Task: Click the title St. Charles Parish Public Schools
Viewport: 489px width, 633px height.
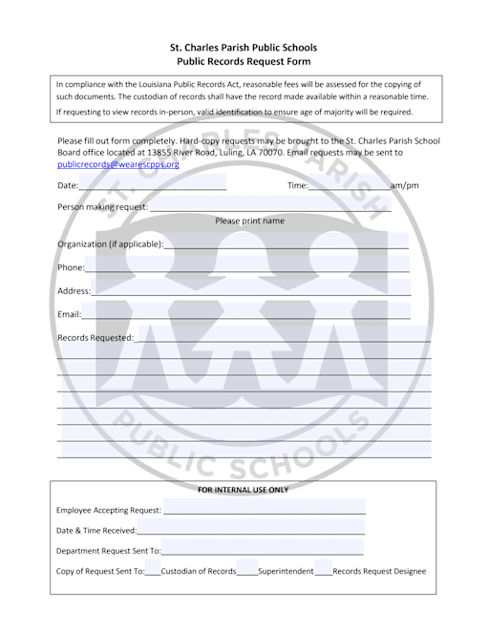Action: pos(244,47)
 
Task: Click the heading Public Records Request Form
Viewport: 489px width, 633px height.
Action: pos(244,61)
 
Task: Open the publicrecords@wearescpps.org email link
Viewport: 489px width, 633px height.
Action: pos(118,164)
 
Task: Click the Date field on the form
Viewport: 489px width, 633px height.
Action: pos(153,184)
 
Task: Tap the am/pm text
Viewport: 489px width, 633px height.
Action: pos(405,185)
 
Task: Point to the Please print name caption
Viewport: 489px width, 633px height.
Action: pos(249,221)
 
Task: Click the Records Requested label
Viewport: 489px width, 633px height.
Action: pos(96,337)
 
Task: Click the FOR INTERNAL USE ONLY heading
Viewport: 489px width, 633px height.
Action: pos(243,490)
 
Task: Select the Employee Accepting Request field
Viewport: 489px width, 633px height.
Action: pos(264,511)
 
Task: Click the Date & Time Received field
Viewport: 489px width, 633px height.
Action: pos(250,531)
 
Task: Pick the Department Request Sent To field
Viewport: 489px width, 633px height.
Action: pos(263,551)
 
